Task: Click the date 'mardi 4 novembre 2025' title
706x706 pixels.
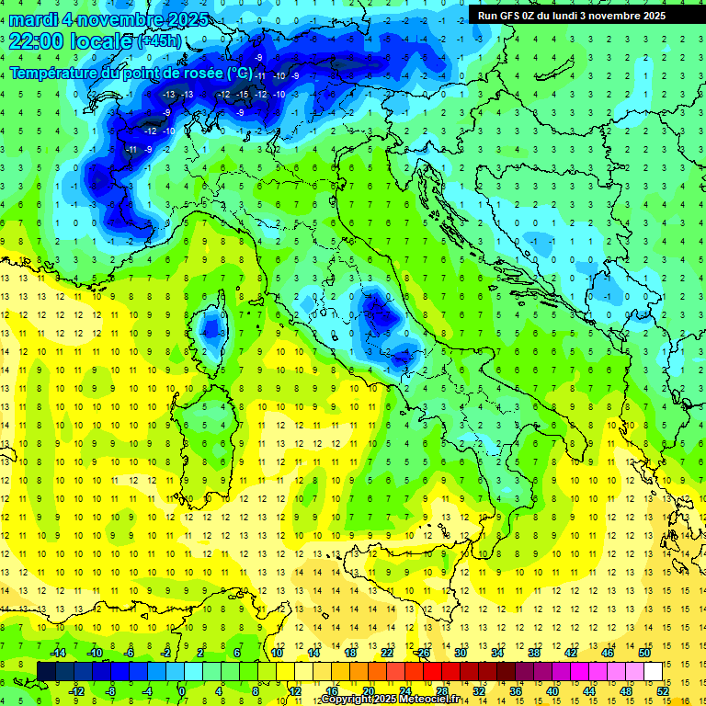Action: [108, 19]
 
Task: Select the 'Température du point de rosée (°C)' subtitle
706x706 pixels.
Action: [131, 72]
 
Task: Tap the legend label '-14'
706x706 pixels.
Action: [57, 652]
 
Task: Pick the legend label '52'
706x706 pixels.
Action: [663, 690]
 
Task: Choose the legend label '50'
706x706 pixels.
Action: [644, 652]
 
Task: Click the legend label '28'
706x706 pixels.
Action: [442, 690]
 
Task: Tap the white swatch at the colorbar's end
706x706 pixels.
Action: [653, 671]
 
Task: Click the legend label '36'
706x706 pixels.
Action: [516, 690]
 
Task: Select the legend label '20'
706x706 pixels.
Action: [369, 690]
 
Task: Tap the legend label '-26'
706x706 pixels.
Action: [423, 652]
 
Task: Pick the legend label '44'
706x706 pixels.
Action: [589, 690]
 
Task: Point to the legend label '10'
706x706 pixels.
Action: [277, 652]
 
